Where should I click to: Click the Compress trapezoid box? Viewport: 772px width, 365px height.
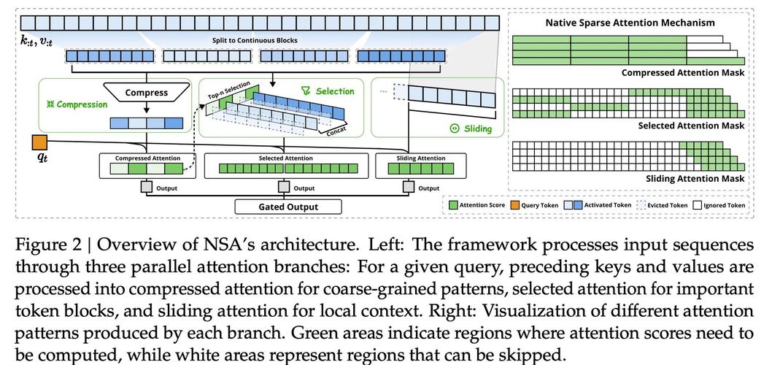tap(146, 93)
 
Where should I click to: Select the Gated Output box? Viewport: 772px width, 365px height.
tap(288, 207)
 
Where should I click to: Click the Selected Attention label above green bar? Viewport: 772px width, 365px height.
tap(285, 158)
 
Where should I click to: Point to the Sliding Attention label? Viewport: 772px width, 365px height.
tap(420, 158)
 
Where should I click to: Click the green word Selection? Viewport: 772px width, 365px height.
tap(335, 91)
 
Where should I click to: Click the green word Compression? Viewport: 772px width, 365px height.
tap(82, 104)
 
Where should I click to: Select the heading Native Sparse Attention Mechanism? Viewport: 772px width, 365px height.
tap(630, 23)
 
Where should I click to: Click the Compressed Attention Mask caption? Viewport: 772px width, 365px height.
tap(683, 73)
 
